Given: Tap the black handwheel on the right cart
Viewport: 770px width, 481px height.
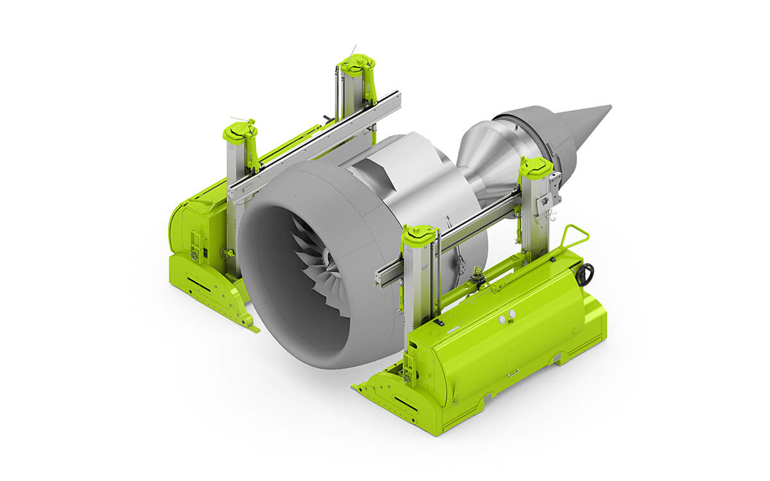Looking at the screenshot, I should tap(585, 274).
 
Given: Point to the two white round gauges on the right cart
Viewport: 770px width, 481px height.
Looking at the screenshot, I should tap(507, 315).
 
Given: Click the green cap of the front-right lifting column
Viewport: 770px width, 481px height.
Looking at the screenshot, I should tap(420, 234).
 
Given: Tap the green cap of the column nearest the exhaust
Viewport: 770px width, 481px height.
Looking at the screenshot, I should tap(536, 167).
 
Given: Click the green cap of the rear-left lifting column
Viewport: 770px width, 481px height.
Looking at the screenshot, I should tap(357, 65).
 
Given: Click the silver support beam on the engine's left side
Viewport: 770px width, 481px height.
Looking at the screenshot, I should tap(314, 144).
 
